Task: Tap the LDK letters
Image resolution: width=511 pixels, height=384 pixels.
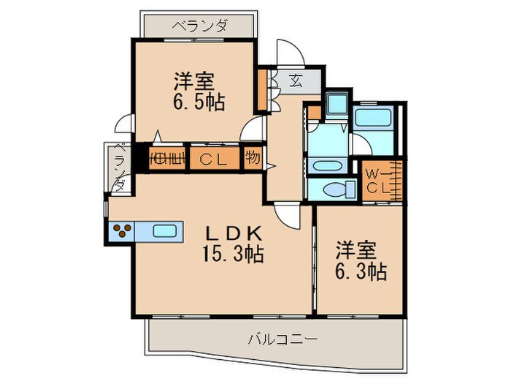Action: tap(231, 234)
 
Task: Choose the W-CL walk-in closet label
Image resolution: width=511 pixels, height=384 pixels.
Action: tap(378, 181)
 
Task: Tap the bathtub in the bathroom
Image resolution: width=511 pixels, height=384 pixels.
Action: tap(374, 118)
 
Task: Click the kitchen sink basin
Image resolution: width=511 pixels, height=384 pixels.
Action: tap(165, 232)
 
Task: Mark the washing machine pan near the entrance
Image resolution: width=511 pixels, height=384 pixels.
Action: tap(337, 106)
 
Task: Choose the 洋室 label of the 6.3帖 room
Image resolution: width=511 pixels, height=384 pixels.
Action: tap(356, 249)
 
